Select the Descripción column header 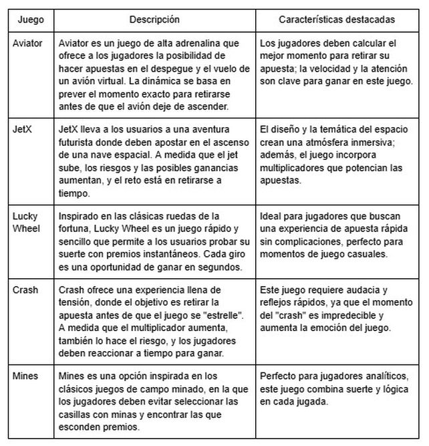coord(154,19)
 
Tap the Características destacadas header coord(336,19)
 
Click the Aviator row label coord(28,43)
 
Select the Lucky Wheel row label coord(25,223)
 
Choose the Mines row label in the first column coord(25,376)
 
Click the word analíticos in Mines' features coord(364,376)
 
